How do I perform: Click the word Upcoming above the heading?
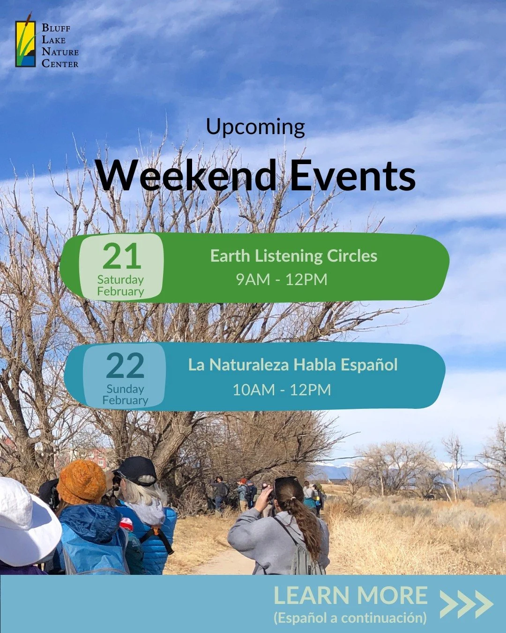click(255, 127)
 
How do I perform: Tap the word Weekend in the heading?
click(186, 176)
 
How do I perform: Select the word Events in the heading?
click(352, 176)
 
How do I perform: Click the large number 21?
click(121, 256)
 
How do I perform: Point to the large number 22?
click(125, 366)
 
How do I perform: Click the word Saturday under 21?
click(120, 280)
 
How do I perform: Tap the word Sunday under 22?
click(125, 389)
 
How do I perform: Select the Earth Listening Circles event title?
click(294, 256)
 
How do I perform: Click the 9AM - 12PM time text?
click(282, 279)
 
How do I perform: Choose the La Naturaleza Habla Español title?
click(293, 365)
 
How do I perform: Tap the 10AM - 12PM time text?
click(282, 390)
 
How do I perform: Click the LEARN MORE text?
click(350, 596)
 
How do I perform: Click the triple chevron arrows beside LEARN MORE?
click(466, 603)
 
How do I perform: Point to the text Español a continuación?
click(350, 618)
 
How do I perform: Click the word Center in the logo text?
click(60, 63)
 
